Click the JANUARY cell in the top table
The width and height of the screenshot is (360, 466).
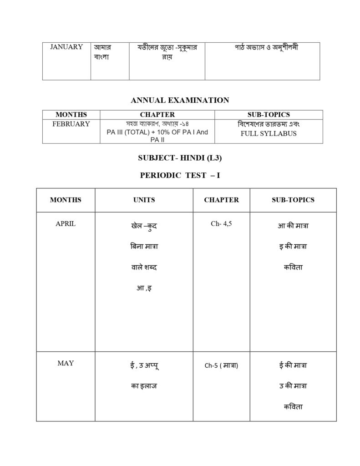pyautogui.click(x=66, y=47)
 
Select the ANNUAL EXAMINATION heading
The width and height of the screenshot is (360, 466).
pyautogui.click(x=180, y=100)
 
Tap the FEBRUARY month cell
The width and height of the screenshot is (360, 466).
pyautogui.click(x=71, y=124)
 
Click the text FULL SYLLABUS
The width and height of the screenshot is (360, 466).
pyautogui.click(x=269, y=133)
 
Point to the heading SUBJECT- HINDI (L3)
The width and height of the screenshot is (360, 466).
pyautogui.click(x=180, y=158)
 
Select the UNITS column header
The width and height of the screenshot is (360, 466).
pyautogui.click(x=144, y=200)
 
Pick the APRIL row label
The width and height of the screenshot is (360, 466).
pyautogui.click(x=66, y=224)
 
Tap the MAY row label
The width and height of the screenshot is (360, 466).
pyautogui.click(x=66, y=363)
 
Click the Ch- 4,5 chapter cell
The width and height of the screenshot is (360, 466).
pyautogui.click(x=221, y=224)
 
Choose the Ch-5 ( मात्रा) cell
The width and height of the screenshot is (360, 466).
pyautogui.click(x=221, y=365)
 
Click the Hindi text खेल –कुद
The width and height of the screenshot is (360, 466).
pyautogui.click(x=144, y=226)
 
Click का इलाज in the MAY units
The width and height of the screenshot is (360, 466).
pyautogui.click(x=144, y=386)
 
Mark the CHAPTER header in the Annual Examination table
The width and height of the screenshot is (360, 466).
pyautogui.click(x=157, y=115)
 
